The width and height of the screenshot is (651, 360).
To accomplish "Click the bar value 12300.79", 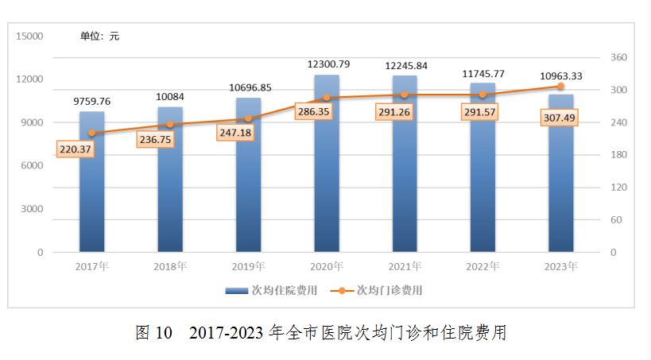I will coord(327,64).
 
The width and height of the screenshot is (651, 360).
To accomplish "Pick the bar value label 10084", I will coord(169,96).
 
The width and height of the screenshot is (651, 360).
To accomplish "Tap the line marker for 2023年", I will coord(560,86).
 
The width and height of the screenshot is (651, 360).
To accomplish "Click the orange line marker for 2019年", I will coord(248,118).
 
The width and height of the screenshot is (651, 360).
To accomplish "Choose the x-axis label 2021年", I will coord(404,265).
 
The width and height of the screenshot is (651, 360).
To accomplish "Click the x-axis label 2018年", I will coord(169,265).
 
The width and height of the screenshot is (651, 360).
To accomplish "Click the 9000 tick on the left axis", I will coord(32,122).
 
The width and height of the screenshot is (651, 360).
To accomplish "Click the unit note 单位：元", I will coord(99,36).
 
